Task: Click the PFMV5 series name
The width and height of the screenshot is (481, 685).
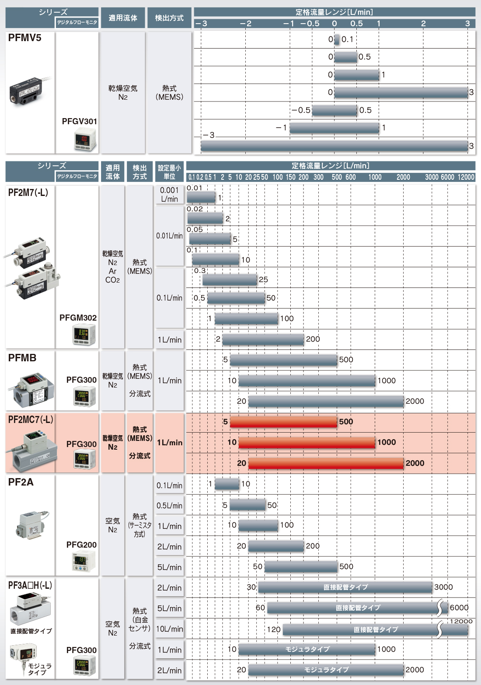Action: tap(24, 38)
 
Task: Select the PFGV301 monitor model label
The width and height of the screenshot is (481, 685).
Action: tap(79, 122)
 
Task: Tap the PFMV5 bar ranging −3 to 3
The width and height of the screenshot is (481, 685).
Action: tap(334, 146)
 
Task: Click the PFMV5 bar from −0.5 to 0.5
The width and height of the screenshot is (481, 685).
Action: tap(334, 110)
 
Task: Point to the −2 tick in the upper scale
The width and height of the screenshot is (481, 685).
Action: tap(246, 24)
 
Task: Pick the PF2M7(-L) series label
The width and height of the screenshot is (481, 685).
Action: tap(28, 192)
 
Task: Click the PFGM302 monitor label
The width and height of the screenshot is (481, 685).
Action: tap(78, 318)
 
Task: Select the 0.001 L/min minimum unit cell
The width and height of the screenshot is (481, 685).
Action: tap(169, 195)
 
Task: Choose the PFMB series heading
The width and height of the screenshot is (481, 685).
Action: tap(22, 357)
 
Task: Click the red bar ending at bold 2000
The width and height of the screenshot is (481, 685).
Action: tap(326, 463)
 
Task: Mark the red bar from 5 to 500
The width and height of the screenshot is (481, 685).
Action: tap(283, 422)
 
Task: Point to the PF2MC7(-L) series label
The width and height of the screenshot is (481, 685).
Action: tap(31, 419)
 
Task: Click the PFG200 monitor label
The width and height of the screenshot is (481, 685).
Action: tap(81, 545)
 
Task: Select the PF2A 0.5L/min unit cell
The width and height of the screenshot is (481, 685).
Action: tap(169, 506)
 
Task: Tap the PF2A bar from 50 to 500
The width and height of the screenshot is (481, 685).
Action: tap(301, 566)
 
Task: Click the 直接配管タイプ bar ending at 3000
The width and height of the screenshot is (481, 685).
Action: tap(345, 587)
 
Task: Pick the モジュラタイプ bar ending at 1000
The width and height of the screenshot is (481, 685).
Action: tap(307, 649)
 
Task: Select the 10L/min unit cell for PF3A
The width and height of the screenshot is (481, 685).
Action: tap(169, 629)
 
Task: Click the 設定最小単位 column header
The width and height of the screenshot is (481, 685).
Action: tap(169, 172)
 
